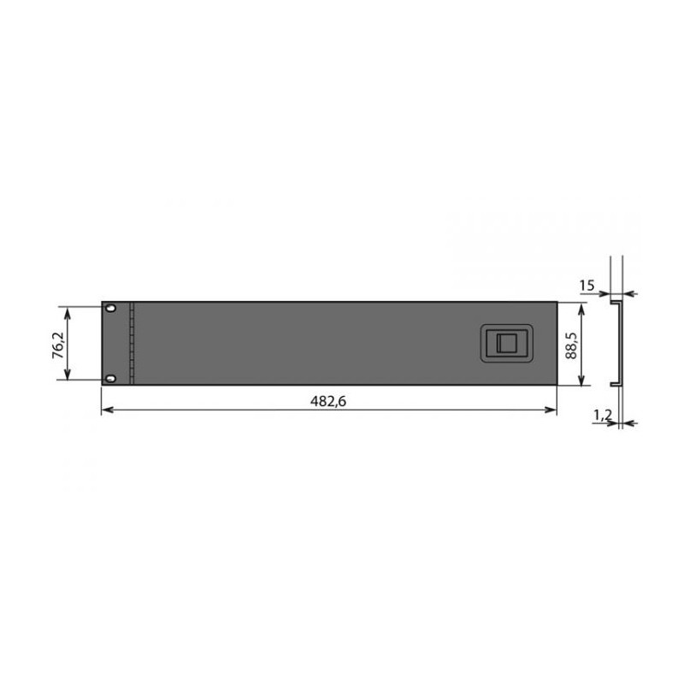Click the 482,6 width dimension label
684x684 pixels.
coord(328,401)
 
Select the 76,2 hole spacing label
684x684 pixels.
coord(58,345)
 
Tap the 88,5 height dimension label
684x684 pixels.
coord(571,345)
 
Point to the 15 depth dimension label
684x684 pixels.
coord(587,286)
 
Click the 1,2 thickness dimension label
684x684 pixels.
coord(603,416)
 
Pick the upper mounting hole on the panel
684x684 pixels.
coord(111,308)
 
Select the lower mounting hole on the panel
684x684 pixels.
coord(111,378)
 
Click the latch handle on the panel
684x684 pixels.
coord(506,343)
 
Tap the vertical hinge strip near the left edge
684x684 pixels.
coord(132,344)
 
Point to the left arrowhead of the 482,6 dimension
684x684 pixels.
coord(105,410)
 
